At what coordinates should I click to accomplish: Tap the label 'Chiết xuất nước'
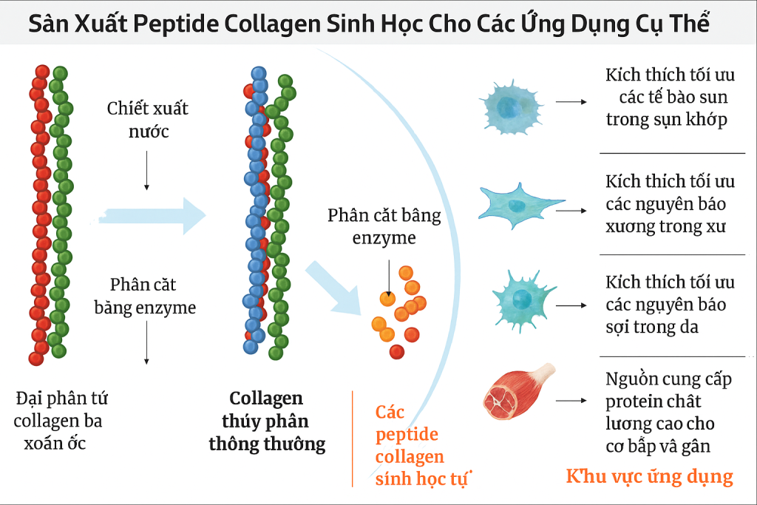click(148, 120)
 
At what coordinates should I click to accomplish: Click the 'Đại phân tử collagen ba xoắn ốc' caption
click(61, 421)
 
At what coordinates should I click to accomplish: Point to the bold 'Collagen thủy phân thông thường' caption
click(266, 421)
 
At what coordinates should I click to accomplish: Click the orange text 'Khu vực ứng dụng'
click(649, 476)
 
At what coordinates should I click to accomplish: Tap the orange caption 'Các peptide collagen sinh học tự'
click(414, 446)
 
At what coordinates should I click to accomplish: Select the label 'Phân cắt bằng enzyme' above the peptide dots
click(384, 226)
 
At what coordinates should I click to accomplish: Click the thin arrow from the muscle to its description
click(568, 401)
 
